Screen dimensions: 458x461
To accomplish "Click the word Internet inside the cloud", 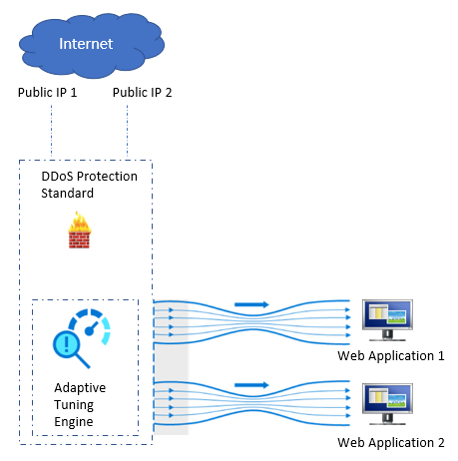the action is click(86, 44).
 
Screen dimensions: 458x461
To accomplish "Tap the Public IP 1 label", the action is click(47, 92).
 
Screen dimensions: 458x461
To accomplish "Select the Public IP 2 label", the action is click(142, 92).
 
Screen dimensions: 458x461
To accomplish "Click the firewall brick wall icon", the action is click(79, 230).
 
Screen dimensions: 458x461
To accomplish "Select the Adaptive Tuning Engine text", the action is click(80, 404).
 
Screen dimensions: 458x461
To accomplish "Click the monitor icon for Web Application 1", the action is click(387, 320).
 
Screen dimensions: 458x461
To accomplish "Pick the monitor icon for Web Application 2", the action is click(387, 404).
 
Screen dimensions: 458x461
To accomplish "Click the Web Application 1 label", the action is click(391, 356).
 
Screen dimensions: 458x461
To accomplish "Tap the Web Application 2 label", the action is click(391, 443).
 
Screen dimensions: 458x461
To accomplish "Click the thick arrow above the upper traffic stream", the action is click(251, 304).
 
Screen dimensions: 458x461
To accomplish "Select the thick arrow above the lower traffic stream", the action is click(251, 385).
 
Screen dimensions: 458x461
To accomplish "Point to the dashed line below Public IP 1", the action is click(51, 132).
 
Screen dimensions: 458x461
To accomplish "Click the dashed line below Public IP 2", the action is click(127, 132).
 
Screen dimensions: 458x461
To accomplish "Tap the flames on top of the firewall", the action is click(80, 221).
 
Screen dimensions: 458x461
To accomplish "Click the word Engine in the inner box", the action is click(74, 422).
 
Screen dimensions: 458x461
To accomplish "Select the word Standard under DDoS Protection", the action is click(67, 194).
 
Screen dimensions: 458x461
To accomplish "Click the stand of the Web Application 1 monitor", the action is click(387, 335).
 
